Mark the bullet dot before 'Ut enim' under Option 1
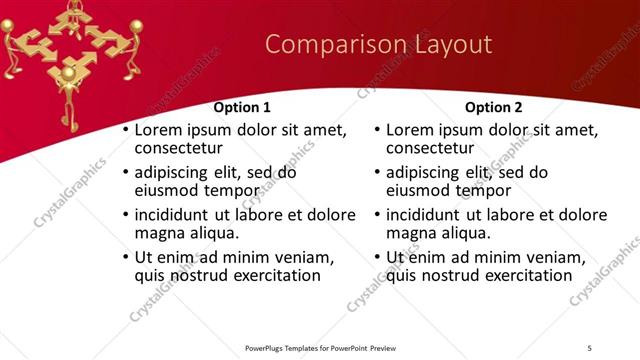click(x=124, y=258)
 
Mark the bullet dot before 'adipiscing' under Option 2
click(x=376, y=173)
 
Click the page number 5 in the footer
click(x=589, y=348)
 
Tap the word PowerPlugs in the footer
click(x=268, y=348)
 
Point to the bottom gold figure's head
click(x=68, y=72)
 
